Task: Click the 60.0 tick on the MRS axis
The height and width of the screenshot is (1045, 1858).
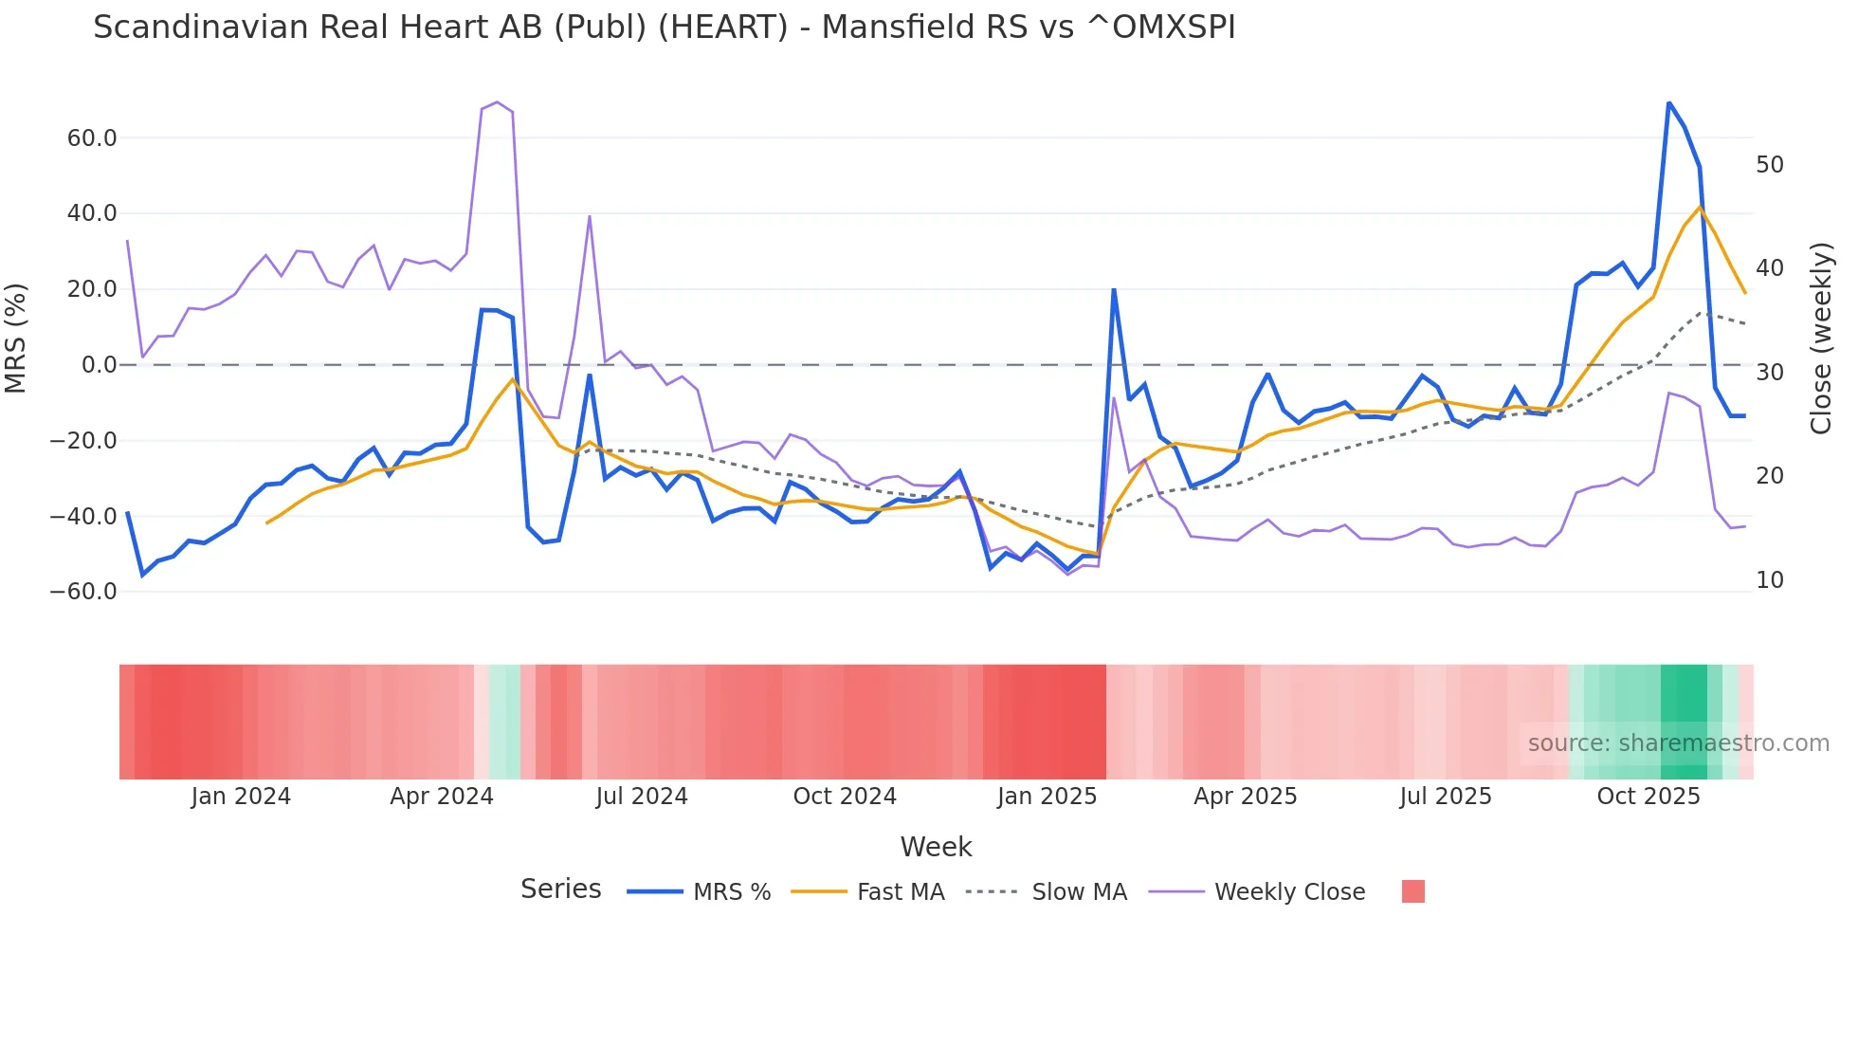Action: pyautogui.click(x=92, y=138)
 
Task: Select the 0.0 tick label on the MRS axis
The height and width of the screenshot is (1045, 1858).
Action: pyautogui.click(x=100, y=365)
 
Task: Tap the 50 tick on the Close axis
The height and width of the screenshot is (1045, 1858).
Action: pyautogui.click(x=1769, y=165)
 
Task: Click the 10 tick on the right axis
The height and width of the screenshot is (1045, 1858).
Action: pyautogui.click(x=1769, y=580)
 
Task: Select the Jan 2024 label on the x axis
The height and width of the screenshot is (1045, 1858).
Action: pyautogui.click(x=241, y=797)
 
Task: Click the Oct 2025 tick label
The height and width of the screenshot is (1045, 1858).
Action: pyautogui.click(x=1649, y=797)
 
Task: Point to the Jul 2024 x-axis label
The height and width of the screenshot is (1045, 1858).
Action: pyautogui.click(x=642, y=797)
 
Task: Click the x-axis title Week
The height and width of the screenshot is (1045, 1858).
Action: pyautogui.click(x=936, y=847)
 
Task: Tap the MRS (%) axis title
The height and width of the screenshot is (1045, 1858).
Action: pyautogui.click(x=16, y=339)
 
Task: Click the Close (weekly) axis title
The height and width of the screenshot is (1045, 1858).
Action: pyautogui.click(x=1821, y=339)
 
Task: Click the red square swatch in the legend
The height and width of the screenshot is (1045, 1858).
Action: pyautogui.click(x=1412, y=891)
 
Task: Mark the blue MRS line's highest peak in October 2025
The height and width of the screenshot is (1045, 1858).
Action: pyautogui.click(x=1668, y=103)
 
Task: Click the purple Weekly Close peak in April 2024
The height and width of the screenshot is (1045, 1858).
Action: pyautogui.click(x=497, y=102)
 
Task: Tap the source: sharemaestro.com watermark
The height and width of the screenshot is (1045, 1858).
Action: pyautogui.click(x=1678, y=743)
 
